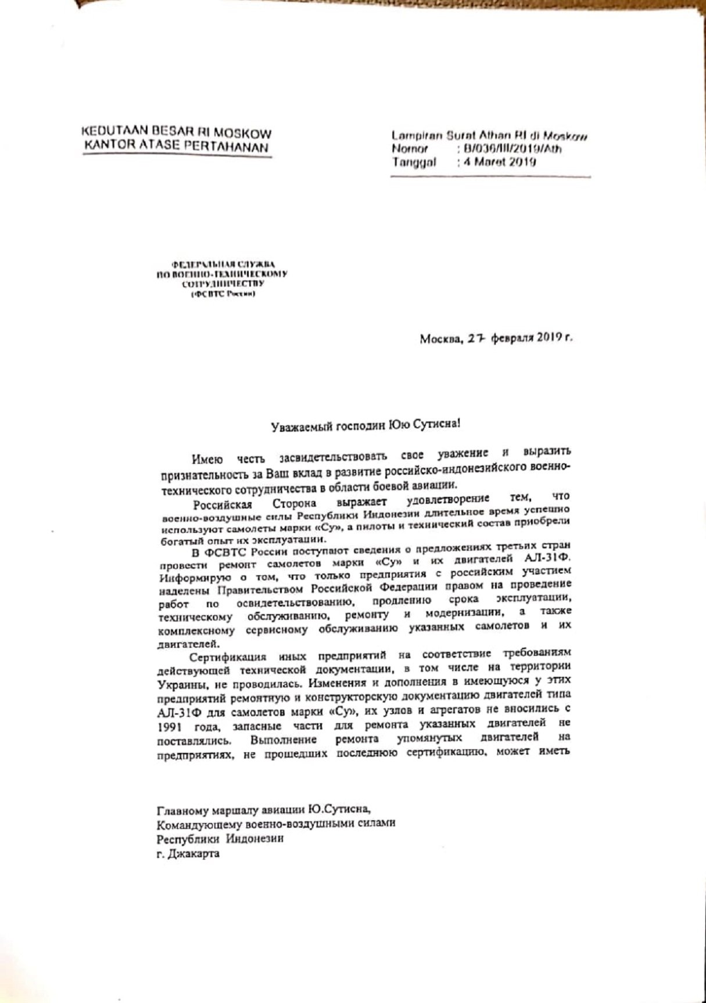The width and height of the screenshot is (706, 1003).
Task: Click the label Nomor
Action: tap(410, 150)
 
